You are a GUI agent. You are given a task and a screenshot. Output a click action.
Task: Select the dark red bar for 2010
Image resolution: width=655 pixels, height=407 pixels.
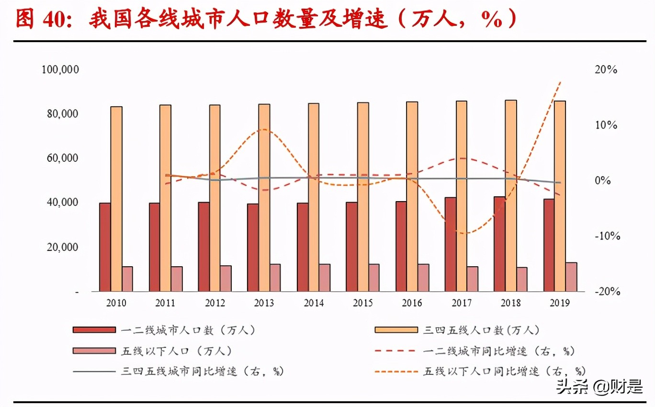[105, 247]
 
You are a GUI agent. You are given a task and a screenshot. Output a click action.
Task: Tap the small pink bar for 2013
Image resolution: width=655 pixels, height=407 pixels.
[275, 278]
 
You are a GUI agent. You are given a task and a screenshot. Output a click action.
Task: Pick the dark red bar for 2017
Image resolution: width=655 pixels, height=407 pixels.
[450, 244]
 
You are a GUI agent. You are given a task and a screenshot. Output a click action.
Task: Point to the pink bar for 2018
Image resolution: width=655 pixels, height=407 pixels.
[521, 279]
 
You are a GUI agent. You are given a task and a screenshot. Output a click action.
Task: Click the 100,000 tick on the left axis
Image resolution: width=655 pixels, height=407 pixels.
[60, 70]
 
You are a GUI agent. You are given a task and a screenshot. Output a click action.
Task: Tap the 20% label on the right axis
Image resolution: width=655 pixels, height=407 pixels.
[606, 70]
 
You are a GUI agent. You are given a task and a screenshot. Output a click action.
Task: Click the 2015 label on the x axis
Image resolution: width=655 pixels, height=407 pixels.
[363, 303]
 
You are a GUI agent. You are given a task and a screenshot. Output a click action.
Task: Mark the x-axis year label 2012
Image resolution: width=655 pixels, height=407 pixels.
[215, 303]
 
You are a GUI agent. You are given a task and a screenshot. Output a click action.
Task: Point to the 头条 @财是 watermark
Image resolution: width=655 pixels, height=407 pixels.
[599, 387]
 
